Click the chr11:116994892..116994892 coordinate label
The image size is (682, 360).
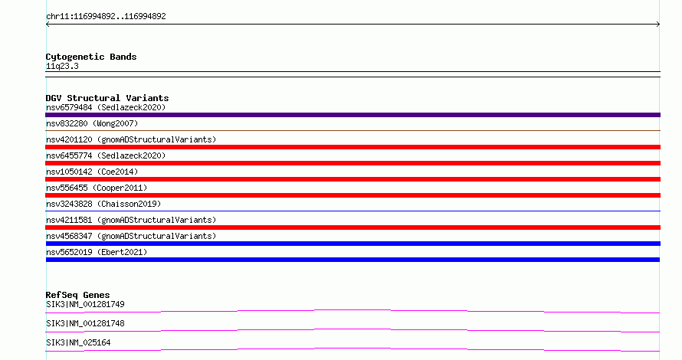106,17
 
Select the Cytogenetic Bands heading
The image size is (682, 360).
91,57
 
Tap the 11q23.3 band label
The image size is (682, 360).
62,66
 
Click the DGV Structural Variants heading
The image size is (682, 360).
107,98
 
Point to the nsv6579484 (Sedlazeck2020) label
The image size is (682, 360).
106,107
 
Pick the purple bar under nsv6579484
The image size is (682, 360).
352,115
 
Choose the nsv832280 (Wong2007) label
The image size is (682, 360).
92,123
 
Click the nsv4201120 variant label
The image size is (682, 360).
131,139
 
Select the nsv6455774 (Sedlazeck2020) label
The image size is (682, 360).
106,155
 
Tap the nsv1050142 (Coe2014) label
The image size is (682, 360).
92,172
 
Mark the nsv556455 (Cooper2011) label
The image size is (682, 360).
97,188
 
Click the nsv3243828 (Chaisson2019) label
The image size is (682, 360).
103,204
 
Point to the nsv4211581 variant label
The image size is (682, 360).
131,220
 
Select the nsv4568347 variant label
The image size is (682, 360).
131,236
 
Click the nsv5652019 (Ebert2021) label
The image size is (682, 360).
97,252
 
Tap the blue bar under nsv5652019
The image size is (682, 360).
352,260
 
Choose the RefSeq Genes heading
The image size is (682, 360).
77,295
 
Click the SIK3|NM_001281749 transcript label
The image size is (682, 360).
85,304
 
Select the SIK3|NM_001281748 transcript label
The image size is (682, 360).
85,323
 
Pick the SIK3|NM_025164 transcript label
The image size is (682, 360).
78,342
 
